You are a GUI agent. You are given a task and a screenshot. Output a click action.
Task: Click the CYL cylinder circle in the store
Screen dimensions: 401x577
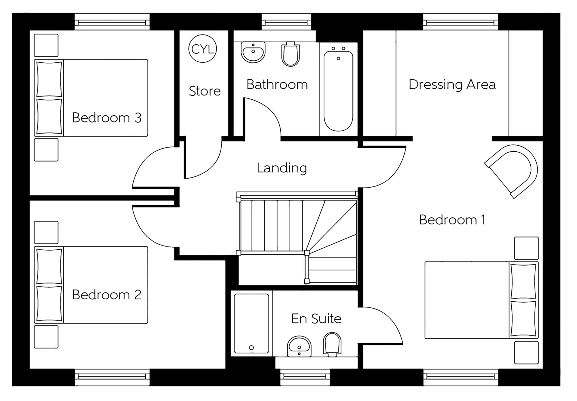click(x=203, y=49)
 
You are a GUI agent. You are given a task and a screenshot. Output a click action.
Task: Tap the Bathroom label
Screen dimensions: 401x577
click(x=277, y=85)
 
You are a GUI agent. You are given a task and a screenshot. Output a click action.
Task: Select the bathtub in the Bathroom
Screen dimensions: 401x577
click(x=338, y=91)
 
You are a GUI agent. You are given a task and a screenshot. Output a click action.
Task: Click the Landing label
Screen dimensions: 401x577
click(x=282, y=168)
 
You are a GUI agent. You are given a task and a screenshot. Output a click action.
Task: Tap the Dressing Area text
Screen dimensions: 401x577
click(x=452, y=85)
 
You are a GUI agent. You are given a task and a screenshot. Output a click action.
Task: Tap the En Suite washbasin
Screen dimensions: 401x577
click(x=299, y=346)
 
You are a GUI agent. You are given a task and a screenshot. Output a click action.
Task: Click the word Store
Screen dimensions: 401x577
click(x=205, y=91)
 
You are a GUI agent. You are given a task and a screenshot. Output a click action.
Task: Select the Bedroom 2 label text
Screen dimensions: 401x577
click(x=107, y=295)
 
